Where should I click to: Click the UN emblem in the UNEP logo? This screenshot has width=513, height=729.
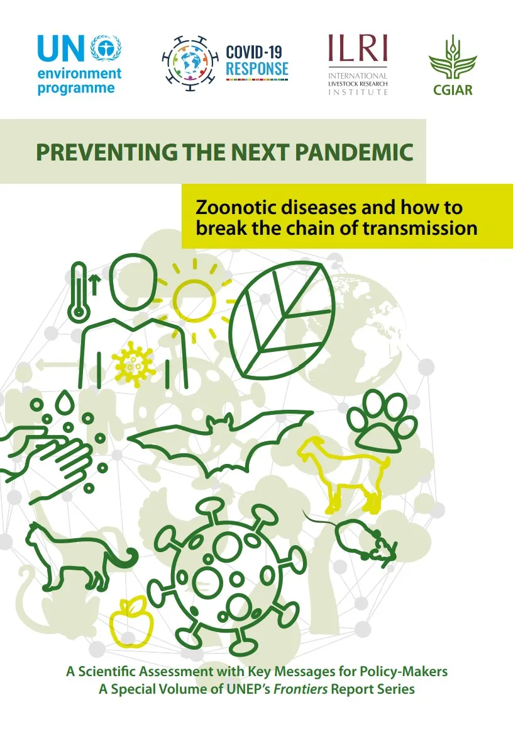(106, 48)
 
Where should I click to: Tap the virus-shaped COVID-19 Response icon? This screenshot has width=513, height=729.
(190, 63)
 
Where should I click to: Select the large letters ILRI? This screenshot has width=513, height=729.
(358, 48)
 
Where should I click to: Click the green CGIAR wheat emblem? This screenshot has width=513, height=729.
(452, 58)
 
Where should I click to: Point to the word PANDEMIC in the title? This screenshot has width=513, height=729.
(354, 152)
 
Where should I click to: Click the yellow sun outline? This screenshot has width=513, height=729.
(194, 300)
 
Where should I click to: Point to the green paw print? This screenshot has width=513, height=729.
(382, 422)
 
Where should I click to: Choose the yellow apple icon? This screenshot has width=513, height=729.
(131, 623)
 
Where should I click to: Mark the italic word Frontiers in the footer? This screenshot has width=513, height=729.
(301, 689)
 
